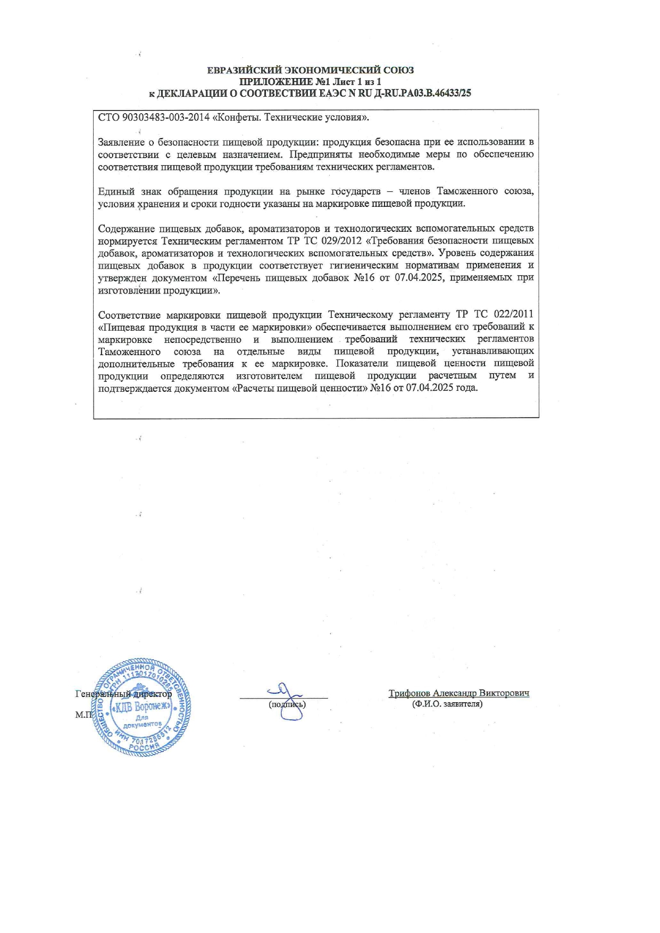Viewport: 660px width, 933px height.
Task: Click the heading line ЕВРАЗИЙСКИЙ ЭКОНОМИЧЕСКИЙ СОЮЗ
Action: pos(310,70)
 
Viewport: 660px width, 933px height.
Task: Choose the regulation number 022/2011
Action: pos(512,314)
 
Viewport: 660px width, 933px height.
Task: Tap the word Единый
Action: pos(116,191)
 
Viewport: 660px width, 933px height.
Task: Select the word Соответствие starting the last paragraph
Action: pos(129,314)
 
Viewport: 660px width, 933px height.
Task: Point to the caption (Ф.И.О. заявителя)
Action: pos(447,704)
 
